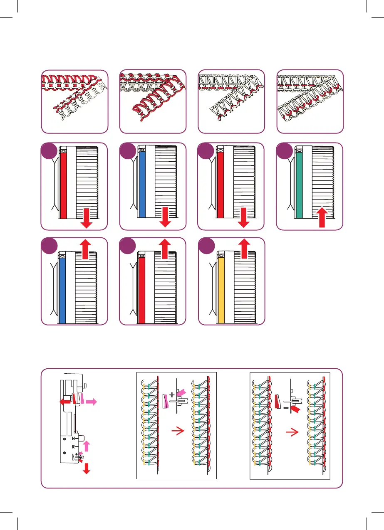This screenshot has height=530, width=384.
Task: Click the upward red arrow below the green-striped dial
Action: pyautogui.click(x=323, y=217)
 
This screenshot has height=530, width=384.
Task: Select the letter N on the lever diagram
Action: pyautogui.click(x=73, y=439)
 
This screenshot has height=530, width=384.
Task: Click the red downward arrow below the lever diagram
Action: pyautogui.click(x=87, y=468)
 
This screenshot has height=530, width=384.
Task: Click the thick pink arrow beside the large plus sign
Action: pyautogui.click(x=181, y=392)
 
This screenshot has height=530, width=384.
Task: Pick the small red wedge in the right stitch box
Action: pyautogui.click(x=278, y=401)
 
